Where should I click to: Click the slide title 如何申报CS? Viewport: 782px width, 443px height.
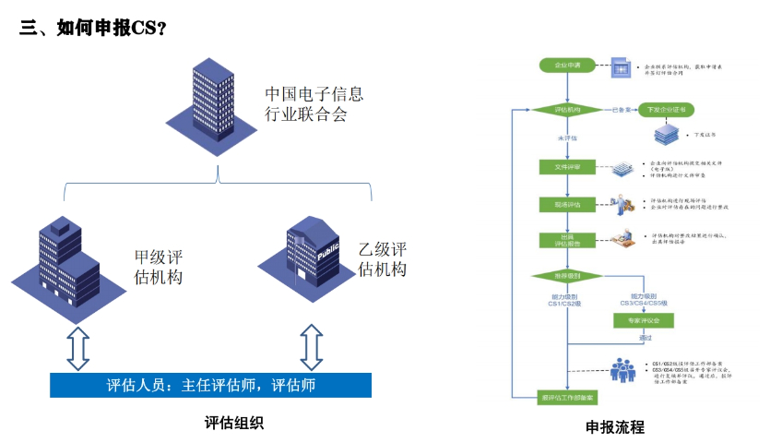click(x=93, y=28)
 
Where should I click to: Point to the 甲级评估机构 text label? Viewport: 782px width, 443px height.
click(x=158, y=266)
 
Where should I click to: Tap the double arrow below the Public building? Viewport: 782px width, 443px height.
click(x=313, y=346)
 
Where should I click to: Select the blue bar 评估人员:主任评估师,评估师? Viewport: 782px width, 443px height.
click(x=210, y=385)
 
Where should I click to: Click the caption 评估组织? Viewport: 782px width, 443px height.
click(x=234, y=424)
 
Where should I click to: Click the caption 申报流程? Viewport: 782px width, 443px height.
click(x=614, y=427)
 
